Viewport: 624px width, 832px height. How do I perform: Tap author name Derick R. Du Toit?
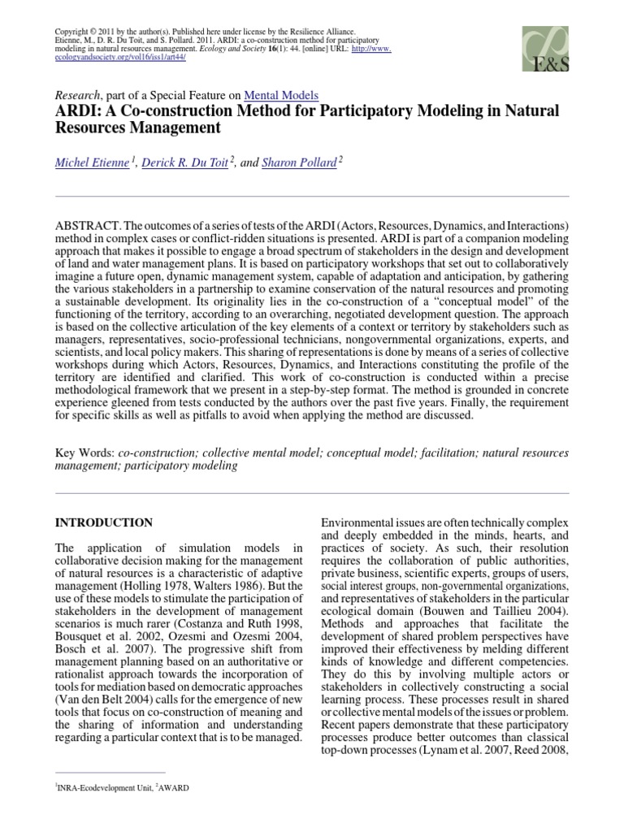185,162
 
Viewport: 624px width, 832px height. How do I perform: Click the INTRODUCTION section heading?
103,522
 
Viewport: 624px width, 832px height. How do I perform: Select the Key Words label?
84,452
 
